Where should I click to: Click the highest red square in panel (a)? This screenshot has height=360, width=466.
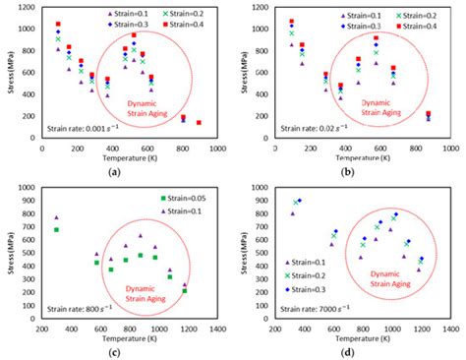(58, 24)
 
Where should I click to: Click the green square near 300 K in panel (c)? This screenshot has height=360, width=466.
(56, 230)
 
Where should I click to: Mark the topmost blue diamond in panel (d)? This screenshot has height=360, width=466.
(299, 201)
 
